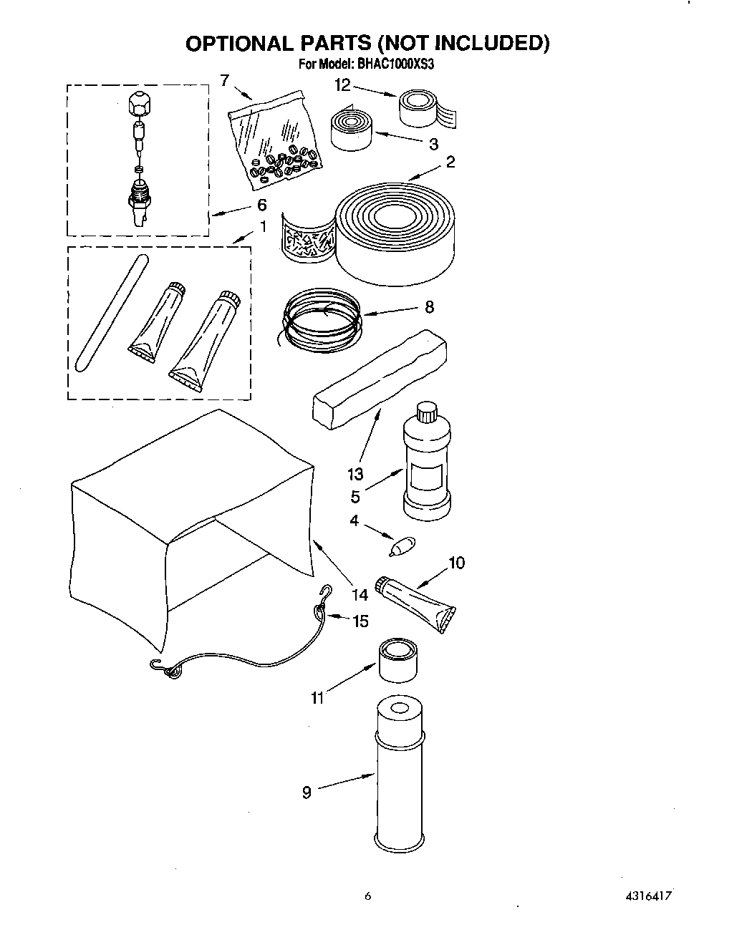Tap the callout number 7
[224, 80]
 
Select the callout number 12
[343, 85]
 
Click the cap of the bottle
[427, 412]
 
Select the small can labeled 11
[398, 662]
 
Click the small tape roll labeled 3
[350, 127]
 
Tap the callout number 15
[360, 621]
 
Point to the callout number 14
[360, 594]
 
